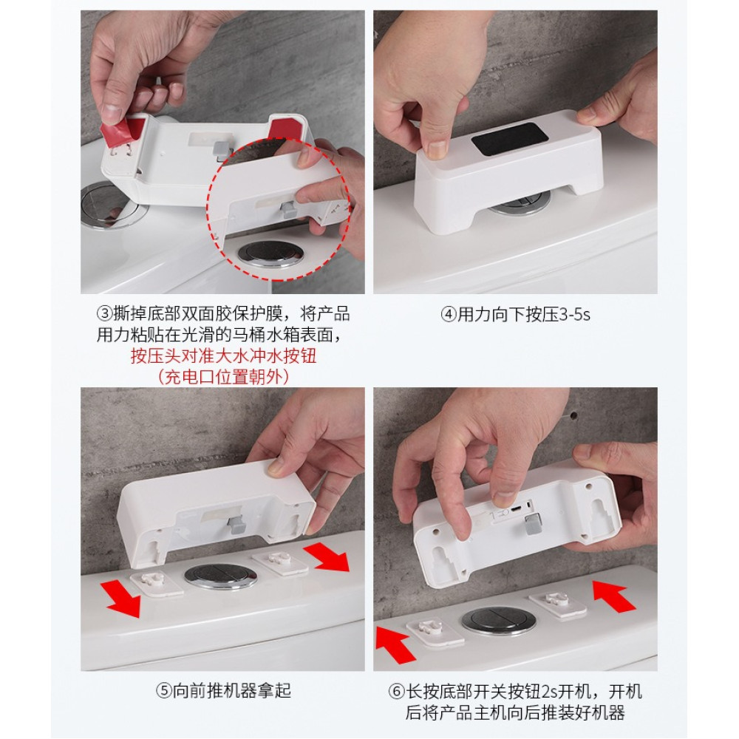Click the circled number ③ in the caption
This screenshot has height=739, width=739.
(x=105, y=313)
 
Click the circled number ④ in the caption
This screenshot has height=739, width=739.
(x=449, y=314)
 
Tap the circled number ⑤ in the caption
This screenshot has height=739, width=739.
(x=164, y=691)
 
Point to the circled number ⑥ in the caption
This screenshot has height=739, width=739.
(x=396, y=692)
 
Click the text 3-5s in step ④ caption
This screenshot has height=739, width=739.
(x=574, y=314)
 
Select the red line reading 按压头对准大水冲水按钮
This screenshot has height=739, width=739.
(x=223, y=355)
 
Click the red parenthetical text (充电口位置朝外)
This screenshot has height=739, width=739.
(x=223, y=377)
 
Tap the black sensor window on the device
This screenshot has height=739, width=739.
(x=511, y=139)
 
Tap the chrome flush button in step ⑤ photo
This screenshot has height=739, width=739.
(x=220, y=576)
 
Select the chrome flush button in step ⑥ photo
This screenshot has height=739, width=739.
(x=499, y=620)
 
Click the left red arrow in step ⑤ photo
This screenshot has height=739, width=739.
(x=123, y=598)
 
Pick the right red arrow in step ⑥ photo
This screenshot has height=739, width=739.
(x=613, y=595)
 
